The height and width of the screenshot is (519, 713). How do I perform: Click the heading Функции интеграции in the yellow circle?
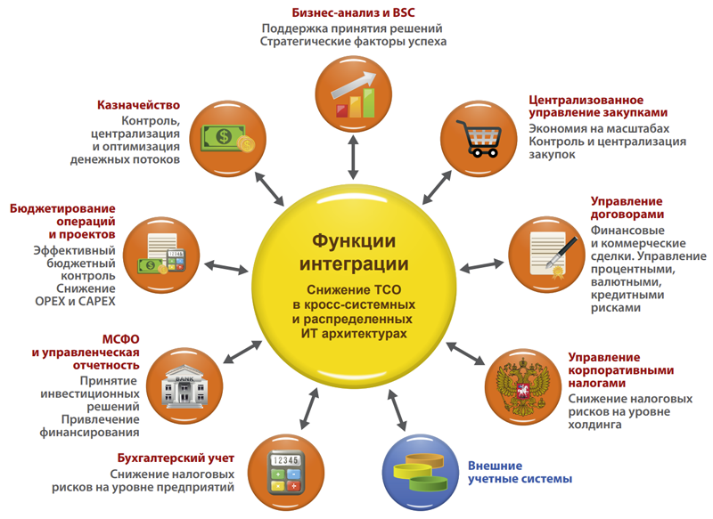(353, 254)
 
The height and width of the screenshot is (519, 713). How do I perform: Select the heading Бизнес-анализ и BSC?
(353, 13)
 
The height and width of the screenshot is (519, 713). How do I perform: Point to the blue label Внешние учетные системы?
(520, 472)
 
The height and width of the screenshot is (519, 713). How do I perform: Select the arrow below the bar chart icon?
(354, 159)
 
